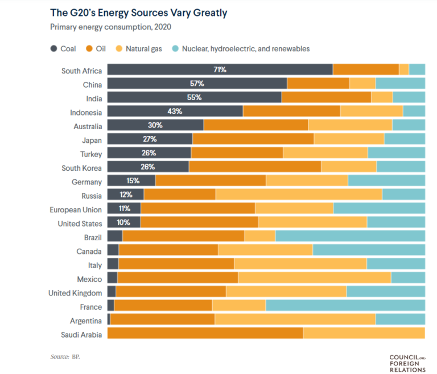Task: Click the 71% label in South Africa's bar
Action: pos(220,69)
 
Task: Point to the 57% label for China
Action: pos(197,83)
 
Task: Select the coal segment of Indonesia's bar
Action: pos(175,111)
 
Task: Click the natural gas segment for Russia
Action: pos(298,195)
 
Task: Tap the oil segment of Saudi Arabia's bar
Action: pos(205,334)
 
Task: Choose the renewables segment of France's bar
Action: pos(345,306)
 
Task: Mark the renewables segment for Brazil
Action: pos(350,236)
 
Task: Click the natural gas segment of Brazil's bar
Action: pos(259,236)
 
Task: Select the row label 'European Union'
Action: pos(76,209)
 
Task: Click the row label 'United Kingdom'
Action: pos(75,293)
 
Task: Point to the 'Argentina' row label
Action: pos(85,320)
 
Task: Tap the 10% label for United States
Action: pos(123,223)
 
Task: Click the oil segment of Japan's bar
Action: pos(253,139)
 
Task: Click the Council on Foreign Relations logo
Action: pos(407,363)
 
